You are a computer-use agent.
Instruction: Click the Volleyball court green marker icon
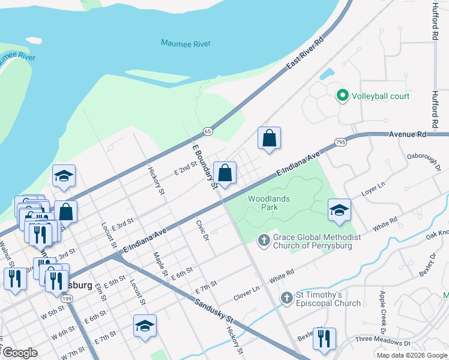point(343,96)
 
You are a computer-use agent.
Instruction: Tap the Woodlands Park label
point(270,203)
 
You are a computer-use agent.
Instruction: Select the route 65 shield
point(208,131)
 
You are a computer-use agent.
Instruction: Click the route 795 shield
point(340,142)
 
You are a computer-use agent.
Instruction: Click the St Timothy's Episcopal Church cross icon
point(287,298)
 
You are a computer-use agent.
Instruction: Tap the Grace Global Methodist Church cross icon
point(263,241)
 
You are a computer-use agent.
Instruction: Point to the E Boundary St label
point(204,166)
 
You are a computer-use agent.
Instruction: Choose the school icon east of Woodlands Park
point(339,210)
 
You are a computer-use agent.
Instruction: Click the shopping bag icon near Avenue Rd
point(270,138)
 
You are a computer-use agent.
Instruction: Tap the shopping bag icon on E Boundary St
point(224,173)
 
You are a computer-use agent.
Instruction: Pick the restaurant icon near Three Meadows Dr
point(324,338)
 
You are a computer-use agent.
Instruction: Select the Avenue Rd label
point(408,134)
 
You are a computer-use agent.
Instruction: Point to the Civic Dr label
point(202,230)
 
